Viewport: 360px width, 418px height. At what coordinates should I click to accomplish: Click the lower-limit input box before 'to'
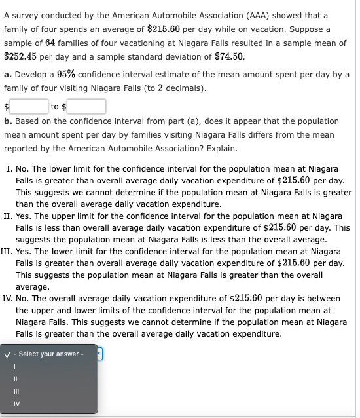point(29,105)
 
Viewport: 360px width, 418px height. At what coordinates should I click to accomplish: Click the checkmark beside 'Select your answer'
point(8,354)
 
